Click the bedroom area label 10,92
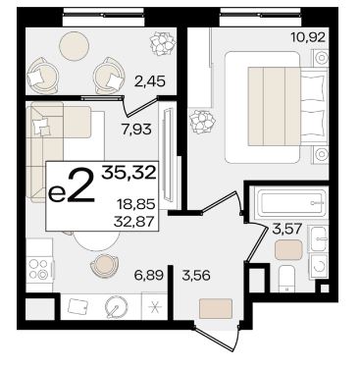pos(309,37)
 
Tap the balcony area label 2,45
pos(150,81)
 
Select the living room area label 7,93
pos(136,130)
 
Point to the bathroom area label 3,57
pos(286,229)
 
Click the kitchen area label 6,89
pos(148,276)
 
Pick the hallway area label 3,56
pos(196,276)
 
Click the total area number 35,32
pos(129,173)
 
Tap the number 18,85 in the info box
pos(136,205)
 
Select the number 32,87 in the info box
pos(133,222)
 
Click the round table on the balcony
pos(75,46)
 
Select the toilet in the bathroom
pos(287,279)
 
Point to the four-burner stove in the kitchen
pos(39,269)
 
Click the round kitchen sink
pos(117,307)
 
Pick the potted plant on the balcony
pos(162,42)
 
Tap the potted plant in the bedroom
pos(202,123)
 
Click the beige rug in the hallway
pos(216,308)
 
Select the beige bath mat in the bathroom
pos(288,250)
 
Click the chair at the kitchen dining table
pos(104,265)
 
